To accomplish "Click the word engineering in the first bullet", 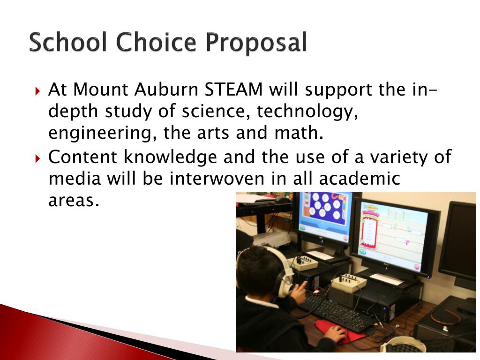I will tap(102, 134).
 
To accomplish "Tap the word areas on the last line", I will tap(74, 201).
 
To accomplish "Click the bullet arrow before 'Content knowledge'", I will tap(38, 157).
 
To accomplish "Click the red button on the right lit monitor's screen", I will tap(416, 267).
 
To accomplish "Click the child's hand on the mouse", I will tap(335, 334).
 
